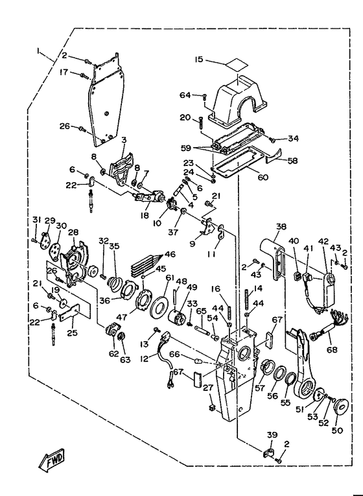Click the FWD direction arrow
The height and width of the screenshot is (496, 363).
click(x=52, y=459)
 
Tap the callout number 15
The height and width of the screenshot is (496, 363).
click(x=198, y=60)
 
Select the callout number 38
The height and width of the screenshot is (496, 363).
click(x=281, y=226)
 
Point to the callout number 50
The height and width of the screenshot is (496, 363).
click(x=337, y=431)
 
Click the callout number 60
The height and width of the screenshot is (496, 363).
click(x=263, y=177)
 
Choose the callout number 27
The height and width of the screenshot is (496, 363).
click(x=208, y=388)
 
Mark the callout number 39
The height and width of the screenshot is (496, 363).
click(x=272, y=434)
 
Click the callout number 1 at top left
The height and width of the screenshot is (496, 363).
click(x=38, y=51)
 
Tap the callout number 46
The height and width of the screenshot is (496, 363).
click(x=170, y=254)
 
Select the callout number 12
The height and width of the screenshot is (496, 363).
click(x=144, y=359)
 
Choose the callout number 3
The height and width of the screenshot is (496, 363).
click(x=124, y=139)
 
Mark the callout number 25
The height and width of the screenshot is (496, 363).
click(x=72, y=333)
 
